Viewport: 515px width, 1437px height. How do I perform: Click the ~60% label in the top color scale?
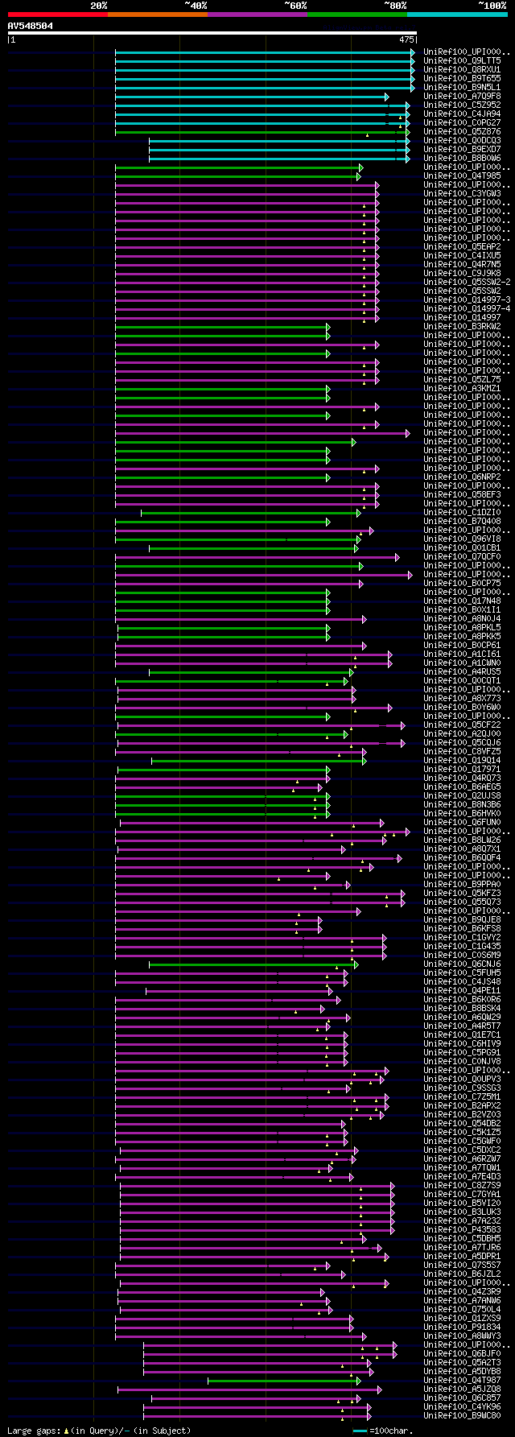point(295,5)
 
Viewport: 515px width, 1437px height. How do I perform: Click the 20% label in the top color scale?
point(99,5)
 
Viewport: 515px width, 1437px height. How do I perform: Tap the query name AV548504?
point(31,26)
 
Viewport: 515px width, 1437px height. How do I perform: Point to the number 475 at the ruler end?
point(406,39)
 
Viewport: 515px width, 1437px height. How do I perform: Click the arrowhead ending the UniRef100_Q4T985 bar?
point(360,176)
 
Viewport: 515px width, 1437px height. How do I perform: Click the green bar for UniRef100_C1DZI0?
point(249,513)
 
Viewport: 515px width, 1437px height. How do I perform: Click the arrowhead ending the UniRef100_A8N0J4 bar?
point(364,619)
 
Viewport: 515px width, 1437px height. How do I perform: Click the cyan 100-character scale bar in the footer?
point(360,1431)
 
